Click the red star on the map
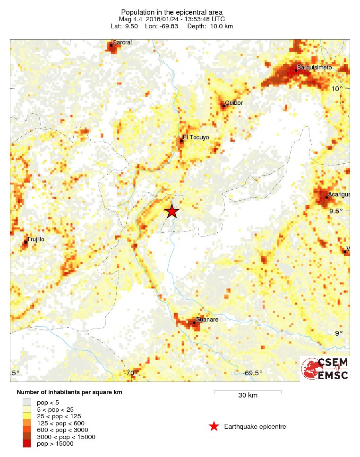(x=172, y=211)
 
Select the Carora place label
(x=120, y=42)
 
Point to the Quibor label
(x=234, y=102)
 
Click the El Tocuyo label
(x=196, y=138)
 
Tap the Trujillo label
(x=35, y=239)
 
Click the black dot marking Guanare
(x=194, y=323)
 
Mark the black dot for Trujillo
(x=26, y=243)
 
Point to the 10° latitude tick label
(x=336, y=89)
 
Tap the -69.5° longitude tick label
(x=252, y=373)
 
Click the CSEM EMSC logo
(x=325, y=369)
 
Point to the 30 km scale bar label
(x=248, y=395)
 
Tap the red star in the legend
(x=214, y=427)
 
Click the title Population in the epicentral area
(x=172, y=12)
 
